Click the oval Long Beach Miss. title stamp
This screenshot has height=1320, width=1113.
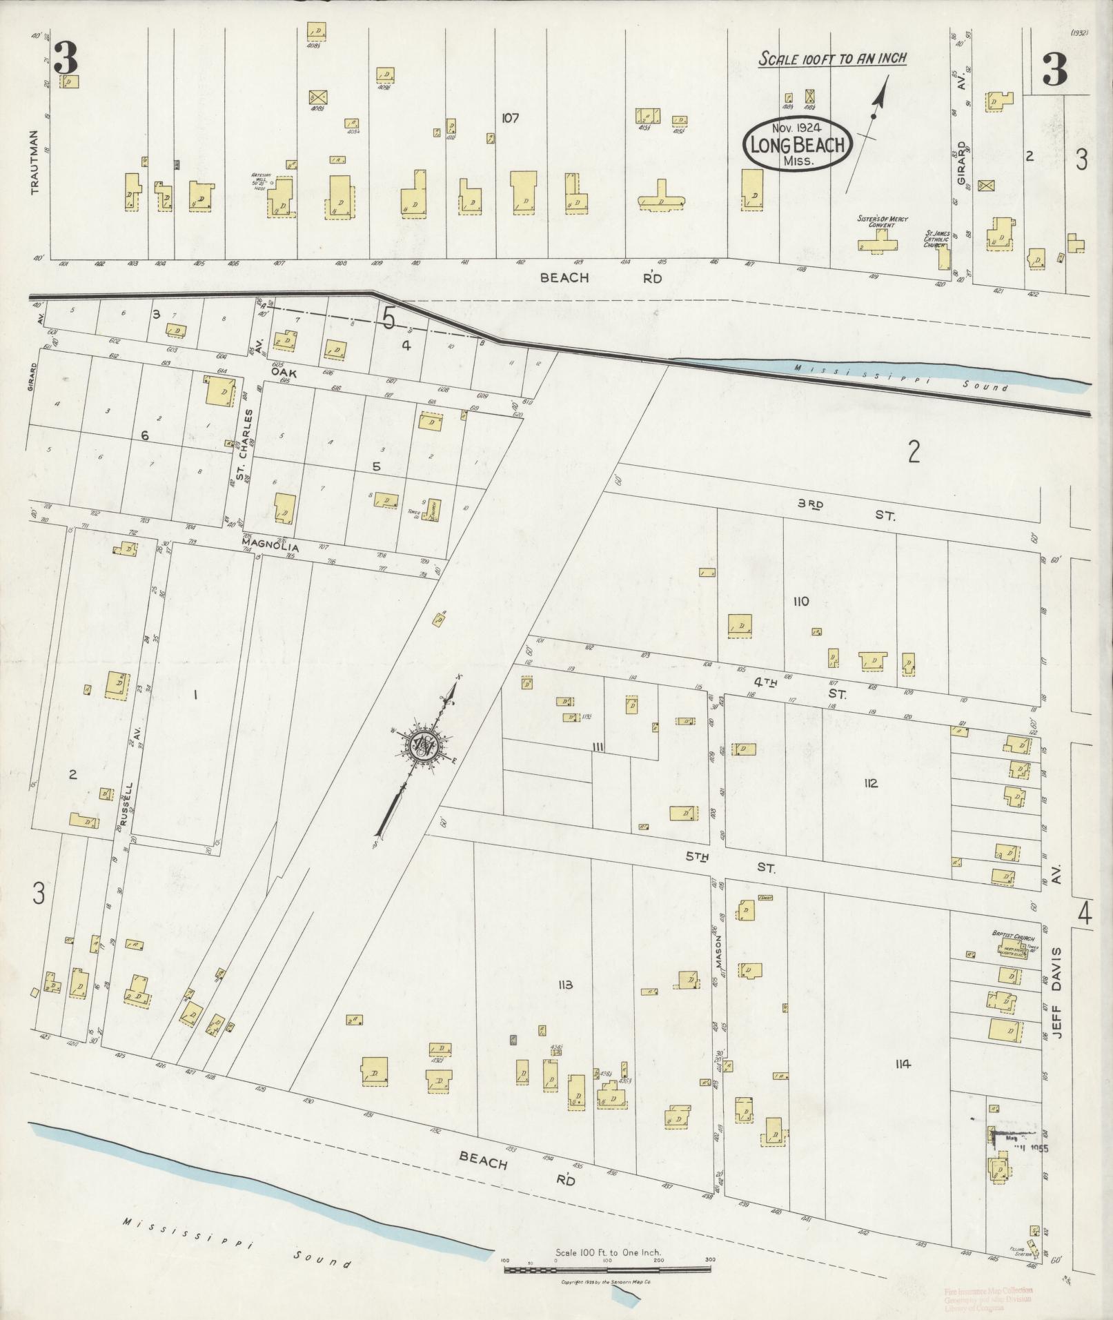pos(797,144)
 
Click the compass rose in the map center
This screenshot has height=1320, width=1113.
pos(422,744)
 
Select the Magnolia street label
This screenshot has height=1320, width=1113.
pos(265,542)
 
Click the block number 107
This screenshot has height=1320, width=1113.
pos(510,118)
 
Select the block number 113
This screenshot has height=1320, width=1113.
pos(565,985)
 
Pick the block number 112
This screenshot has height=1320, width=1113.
pos(869,783)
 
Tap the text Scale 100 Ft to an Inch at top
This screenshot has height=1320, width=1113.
pos(832,59)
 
